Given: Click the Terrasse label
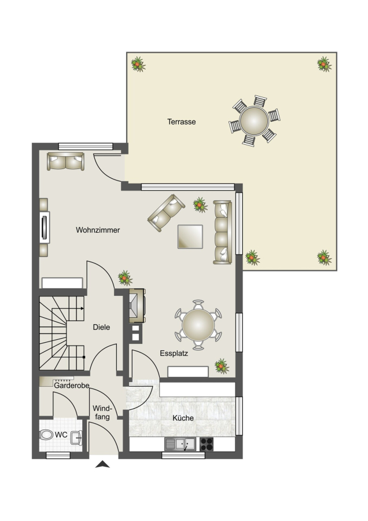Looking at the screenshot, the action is (x=181, y=122).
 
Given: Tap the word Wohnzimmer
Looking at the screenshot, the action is (x=98, y=230).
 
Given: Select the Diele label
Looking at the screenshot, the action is (x=101, y=327).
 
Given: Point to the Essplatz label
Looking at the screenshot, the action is (x=174, y=353).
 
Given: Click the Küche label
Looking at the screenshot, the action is (x=183, y=418).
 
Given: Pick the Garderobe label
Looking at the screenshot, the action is (x=71, y=386).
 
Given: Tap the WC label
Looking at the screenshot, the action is (x=61, y=435).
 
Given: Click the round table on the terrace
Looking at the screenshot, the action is (x=254, y=121).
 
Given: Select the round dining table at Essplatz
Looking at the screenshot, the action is (x=198, y=325).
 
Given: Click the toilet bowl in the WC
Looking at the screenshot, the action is (x=46, y=435).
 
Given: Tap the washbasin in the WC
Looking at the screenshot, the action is (x=76, y=438).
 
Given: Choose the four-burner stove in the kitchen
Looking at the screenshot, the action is (x=206, y=444).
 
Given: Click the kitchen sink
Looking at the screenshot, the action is (x=181, y=444).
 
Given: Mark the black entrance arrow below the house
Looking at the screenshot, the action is (x=102, y=464).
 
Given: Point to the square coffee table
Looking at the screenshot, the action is (x=190, y=237).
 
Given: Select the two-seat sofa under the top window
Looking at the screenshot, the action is (x=66, y=162).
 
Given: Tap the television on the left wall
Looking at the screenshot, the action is (x=44, y=228).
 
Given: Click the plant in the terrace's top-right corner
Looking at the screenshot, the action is (x=324, y=64).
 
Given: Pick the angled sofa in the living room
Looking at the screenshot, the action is (x=166, y=213).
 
